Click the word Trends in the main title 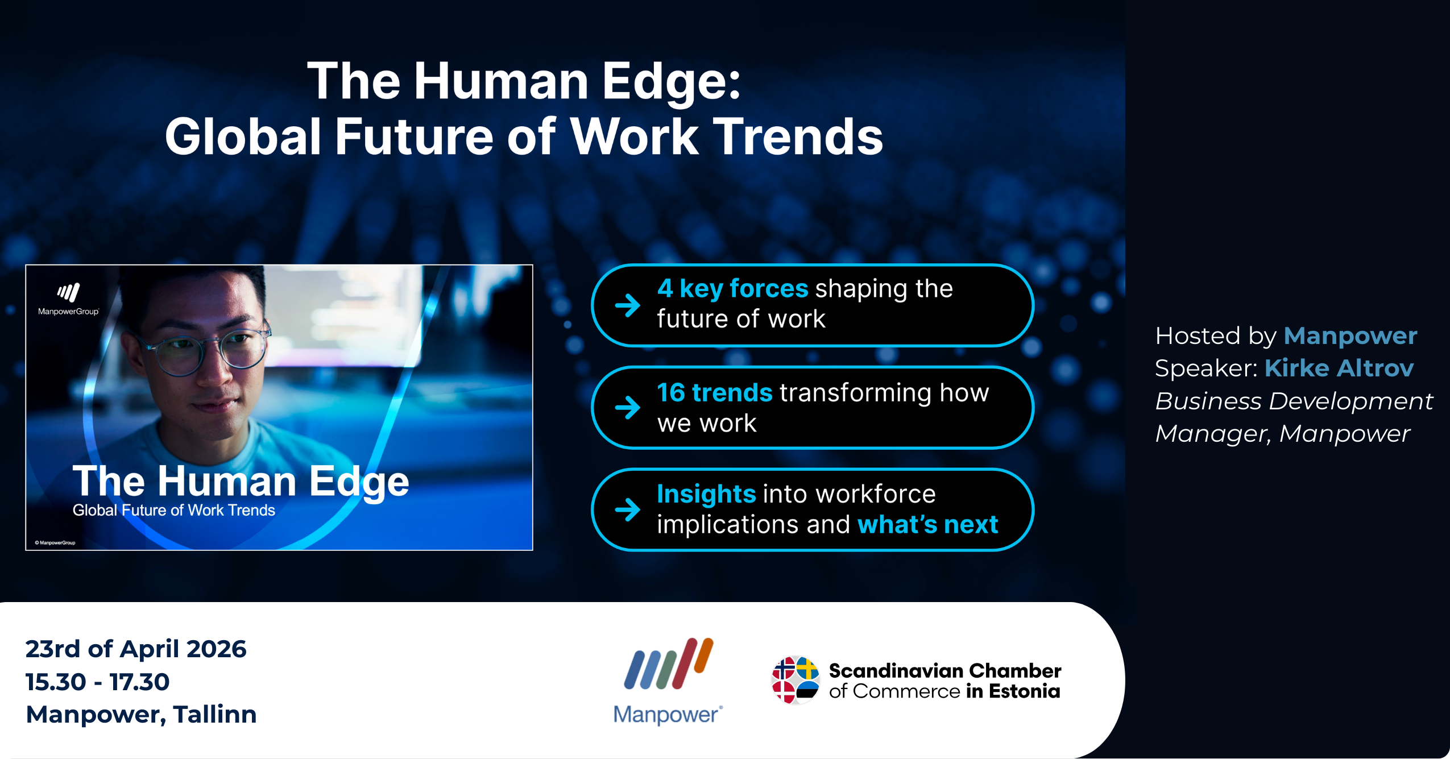tap(798, 136)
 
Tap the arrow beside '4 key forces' tap(628, 305)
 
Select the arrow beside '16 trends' tap(628, 407)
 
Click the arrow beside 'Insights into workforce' tap(628, 509)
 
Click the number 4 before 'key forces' tap(665, 289)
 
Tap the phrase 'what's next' tap(927, 524)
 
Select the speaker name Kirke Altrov tap(1339, 368)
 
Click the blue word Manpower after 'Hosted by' tap(1350, 336)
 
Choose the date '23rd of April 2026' tap(136, 649)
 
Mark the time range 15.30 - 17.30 tap(98, 682)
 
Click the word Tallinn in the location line tap(215, 715)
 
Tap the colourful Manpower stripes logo tap(669, 663)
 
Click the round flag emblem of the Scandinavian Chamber tap(796, 680)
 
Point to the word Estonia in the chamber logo tap(1025, 691)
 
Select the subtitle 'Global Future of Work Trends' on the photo tap(174, 510)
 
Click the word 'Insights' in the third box tap(706, 494)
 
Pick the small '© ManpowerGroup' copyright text tap(55, 543)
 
